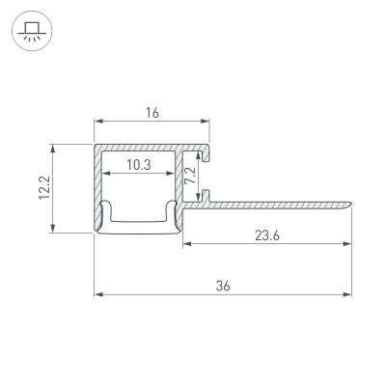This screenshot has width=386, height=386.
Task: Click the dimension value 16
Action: (152, 113)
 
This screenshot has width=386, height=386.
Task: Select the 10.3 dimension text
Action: (138, 165)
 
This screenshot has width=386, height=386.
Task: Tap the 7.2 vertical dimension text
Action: (190, 176)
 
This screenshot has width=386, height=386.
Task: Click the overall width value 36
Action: (223, 285)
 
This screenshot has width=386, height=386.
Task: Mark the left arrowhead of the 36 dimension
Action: (96, 293)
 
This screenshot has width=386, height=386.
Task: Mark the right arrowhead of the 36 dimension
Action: (347, 293)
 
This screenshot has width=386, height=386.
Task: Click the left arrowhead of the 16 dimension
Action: (96, 123)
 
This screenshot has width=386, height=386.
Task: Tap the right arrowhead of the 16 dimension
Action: (207, 123)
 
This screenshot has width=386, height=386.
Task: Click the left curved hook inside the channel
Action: (108, 214)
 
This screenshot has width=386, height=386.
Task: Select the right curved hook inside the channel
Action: (171, 214)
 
